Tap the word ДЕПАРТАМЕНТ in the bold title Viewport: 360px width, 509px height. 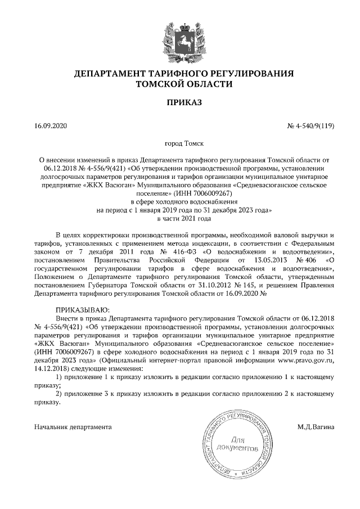tap(110, 74)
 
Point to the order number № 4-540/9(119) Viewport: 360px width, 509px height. tap(311, 126)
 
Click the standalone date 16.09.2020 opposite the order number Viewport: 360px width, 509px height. tap(50, 126)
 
